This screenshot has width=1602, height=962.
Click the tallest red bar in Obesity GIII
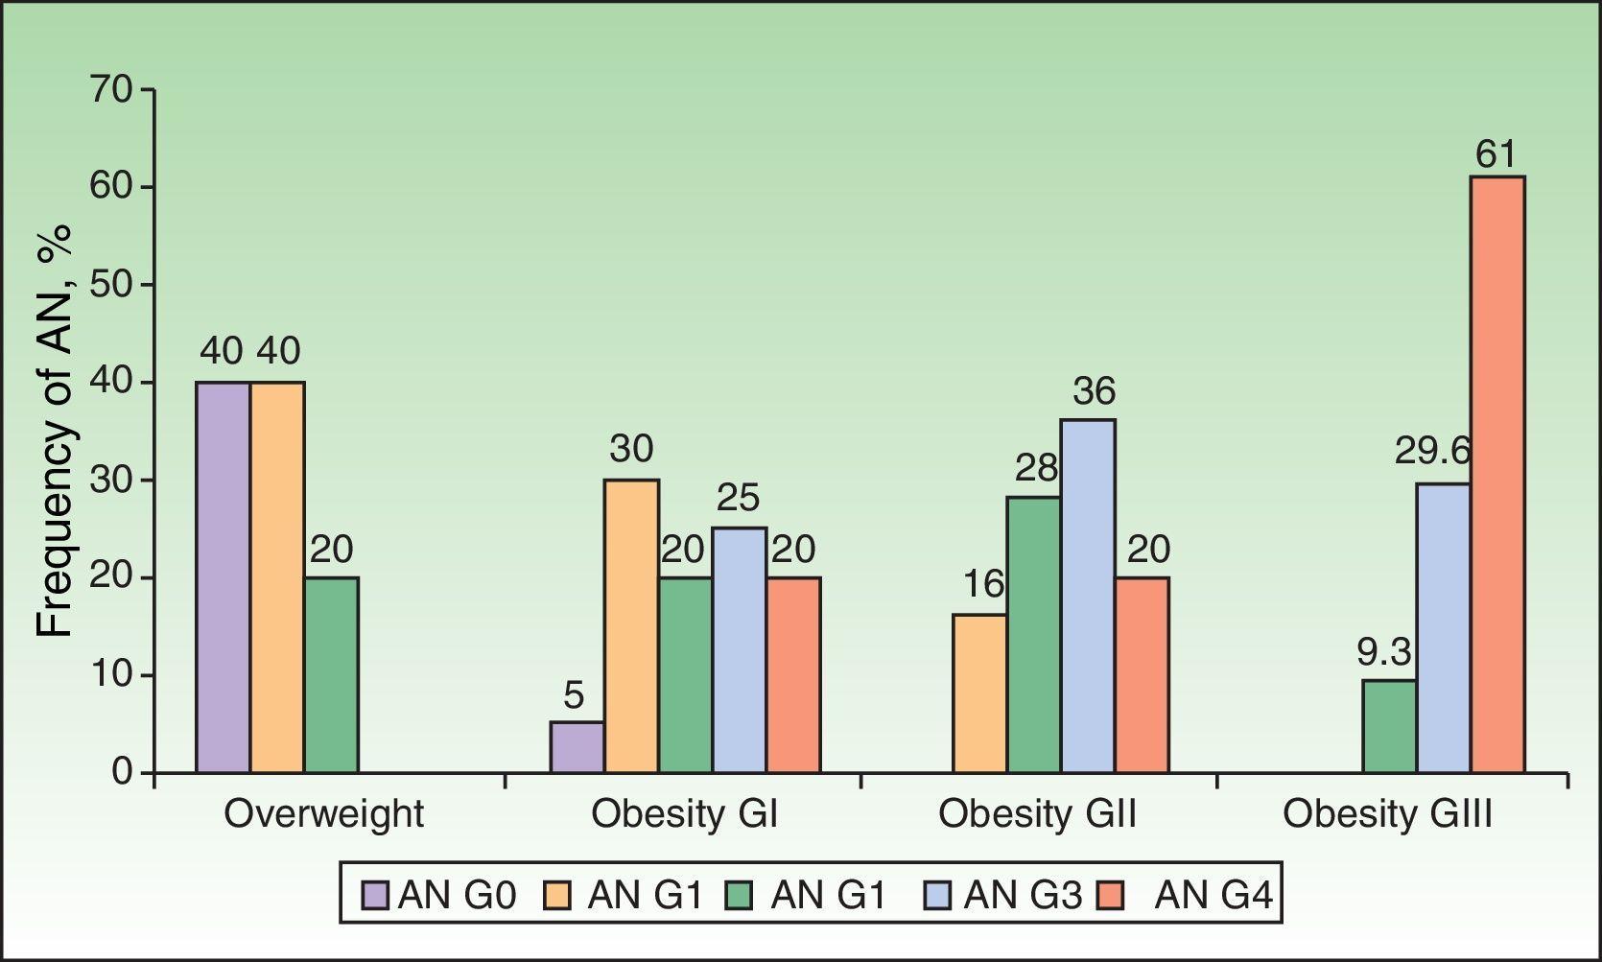[1497, 475]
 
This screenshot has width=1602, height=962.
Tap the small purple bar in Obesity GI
[577, 747]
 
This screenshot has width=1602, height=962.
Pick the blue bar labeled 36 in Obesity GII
[1088, 596]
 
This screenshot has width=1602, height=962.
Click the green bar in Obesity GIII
[1389, 726]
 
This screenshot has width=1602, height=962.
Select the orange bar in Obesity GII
[979, 693]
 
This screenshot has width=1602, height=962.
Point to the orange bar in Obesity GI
[631, 625]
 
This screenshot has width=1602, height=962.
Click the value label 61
[1496, 154]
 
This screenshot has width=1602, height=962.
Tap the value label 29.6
[1433, 451]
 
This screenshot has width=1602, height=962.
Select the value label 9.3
[1384, 653]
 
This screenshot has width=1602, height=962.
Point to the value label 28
[1036, 468]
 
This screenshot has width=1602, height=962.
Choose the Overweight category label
[323, 814]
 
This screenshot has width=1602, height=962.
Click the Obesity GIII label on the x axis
[1388, 814]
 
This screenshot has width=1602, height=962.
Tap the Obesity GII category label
[1037, 814]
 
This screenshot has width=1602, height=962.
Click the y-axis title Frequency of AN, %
[56, 432]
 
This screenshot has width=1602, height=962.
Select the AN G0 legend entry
[440, 895]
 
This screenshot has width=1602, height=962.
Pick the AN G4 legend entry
[1200, 895]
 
